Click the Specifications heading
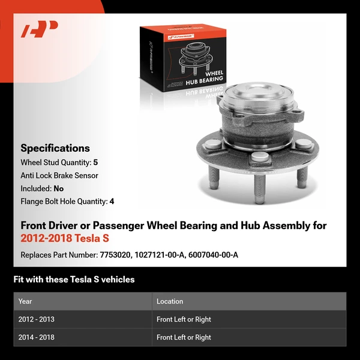55,148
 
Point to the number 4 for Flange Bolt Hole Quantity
111,202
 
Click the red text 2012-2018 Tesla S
65,239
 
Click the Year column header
25,301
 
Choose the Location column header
170,301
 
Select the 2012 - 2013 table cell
37,319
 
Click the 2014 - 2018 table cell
37,337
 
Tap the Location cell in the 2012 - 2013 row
184,319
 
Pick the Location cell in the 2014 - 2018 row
184,337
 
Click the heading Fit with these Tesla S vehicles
74,280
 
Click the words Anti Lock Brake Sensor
59,175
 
